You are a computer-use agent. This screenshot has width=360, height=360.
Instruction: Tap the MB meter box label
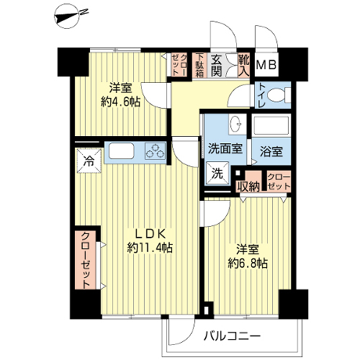click(266, 65)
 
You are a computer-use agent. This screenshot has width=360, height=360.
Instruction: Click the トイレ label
click(261, 96)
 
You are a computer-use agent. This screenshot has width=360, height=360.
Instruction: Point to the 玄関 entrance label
click(217, 65)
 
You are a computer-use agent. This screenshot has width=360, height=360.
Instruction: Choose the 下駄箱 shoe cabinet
click(199, 65)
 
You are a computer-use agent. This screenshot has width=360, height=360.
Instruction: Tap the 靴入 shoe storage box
click(243, 65)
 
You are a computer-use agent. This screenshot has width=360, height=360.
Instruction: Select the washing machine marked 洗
click(217, 174)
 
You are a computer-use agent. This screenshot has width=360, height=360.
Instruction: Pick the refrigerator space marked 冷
click(89, 161)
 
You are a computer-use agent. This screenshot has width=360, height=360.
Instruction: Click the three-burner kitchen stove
click(155, 151)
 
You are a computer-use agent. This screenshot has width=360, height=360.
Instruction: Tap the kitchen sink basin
click(122, 150)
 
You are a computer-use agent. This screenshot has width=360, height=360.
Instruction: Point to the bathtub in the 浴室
click(271, 125)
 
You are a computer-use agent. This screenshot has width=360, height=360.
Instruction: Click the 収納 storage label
click(248, 186)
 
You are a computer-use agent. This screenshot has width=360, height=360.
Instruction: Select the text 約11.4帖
click(150, 248)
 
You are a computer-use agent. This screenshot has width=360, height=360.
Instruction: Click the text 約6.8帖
click(248, 264)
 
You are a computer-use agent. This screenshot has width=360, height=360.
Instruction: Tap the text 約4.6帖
click(120, 102)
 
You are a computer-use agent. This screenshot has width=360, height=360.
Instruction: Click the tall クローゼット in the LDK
click(86, 260)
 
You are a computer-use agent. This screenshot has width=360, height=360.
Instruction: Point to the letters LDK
click(150, 233)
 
